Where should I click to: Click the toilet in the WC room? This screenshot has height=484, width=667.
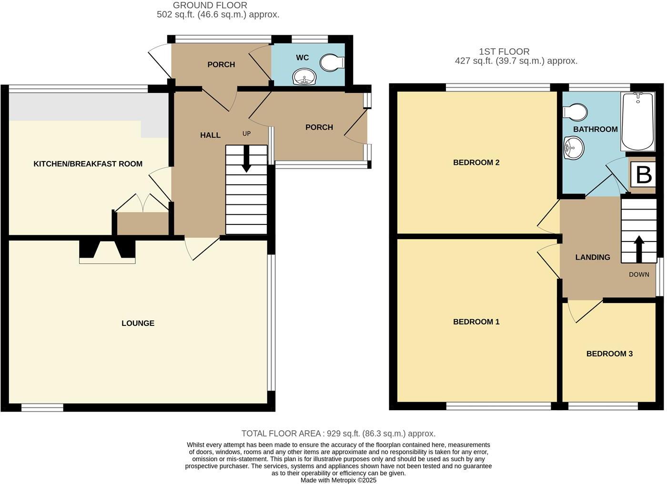tap(332, 62)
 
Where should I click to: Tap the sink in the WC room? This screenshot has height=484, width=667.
tap(304, 77)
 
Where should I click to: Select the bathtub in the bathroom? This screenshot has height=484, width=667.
tap(638, 121)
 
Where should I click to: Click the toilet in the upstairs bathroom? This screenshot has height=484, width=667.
tap(575, 112)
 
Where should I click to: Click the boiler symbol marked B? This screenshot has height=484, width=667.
tap(643, 175)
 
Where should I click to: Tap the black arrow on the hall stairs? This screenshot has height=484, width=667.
tap(246, 159)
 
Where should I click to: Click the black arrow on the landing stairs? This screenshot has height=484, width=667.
tap(638, 249)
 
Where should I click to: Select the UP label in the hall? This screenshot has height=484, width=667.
tap(246, 134)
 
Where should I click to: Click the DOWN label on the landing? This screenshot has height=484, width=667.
tap(639, 274)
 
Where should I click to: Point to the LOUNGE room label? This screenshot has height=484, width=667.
tap(138, 323)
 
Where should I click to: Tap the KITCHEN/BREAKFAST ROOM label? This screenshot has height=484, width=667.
tap(88, 164)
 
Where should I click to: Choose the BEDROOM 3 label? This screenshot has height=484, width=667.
tap(609, 353)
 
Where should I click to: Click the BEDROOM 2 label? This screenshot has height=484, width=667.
tap(476, 162)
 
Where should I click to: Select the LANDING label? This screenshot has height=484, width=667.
tap(593, 257)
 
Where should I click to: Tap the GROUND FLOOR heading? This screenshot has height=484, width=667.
tap(210, 5)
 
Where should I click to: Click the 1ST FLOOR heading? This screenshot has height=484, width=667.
tap(504, 52)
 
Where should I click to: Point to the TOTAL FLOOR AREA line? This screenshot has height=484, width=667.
tap(338, 434)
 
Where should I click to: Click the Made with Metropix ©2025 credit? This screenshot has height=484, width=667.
tap(338, 480)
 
